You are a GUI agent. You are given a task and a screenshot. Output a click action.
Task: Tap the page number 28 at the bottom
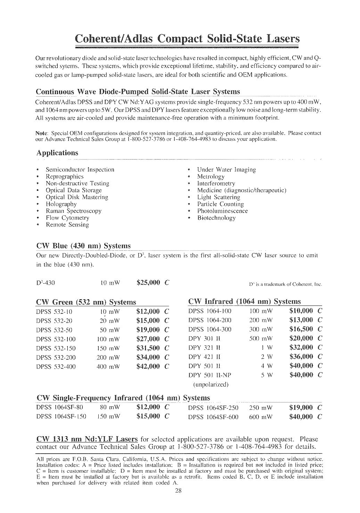coord(180,490)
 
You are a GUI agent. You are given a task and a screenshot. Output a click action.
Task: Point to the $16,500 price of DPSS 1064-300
coord(301,329)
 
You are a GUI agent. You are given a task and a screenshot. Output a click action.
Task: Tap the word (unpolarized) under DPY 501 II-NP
coord(211,384)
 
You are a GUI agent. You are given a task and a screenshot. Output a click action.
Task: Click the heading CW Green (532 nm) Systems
coord(86,302)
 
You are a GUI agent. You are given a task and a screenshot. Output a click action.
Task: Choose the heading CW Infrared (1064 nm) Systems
coord(244,301)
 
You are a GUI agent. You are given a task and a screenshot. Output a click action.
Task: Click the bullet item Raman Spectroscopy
coord(74,211)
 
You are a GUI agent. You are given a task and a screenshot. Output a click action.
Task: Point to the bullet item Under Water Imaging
coord(226,170)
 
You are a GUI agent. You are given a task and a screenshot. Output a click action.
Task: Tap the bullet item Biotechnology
coord(216,218)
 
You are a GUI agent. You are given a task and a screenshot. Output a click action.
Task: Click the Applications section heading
coord(57,153)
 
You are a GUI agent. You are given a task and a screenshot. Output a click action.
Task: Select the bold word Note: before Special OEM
coord(41,133)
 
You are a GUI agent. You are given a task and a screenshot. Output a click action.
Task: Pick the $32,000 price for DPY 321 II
coord(301,347)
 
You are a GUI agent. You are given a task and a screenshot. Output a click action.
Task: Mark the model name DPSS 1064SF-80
coord(60,407)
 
